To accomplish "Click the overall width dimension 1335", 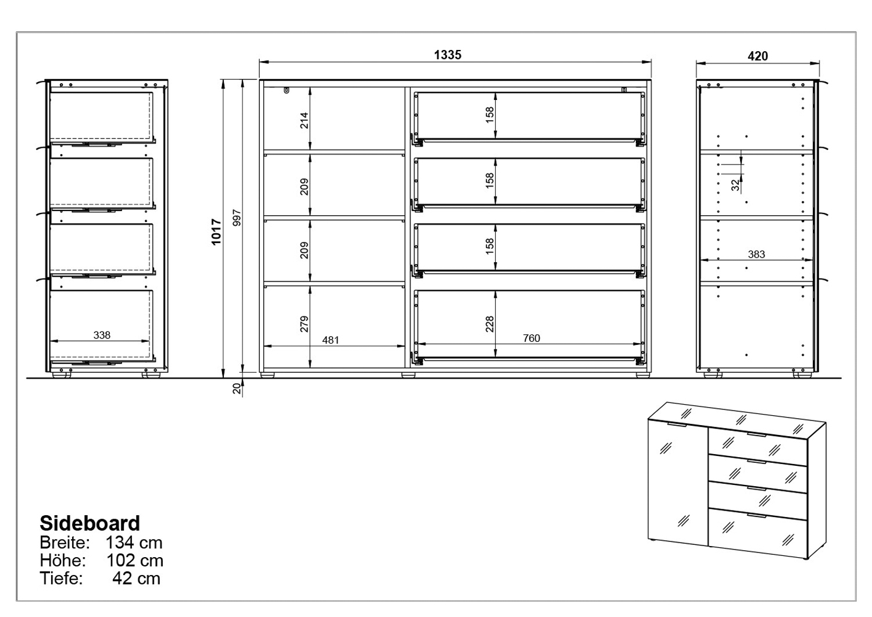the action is [x=448, y=55].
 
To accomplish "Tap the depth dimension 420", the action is [x=757, y=56].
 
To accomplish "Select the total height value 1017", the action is [x=216, y=232].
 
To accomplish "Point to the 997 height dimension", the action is [x=237, y=218].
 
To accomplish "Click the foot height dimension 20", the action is [x=237, y=388].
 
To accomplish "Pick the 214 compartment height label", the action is [x=304, y=120].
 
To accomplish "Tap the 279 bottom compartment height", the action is [x=304, y=324].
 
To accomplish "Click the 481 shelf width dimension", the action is [x=331, y=340].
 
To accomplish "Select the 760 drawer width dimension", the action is [x=531, y=338].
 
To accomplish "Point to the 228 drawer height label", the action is [x=489, y=324].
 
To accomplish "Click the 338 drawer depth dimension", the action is [x=102, y=335].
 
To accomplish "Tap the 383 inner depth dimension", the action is [x=756, y=254].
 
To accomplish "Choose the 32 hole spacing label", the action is [x=735, y=185].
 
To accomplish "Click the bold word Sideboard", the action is [x=90, y=523].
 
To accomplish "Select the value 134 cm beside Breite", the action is [x=134, y=543].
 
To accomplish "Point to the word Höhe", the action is [x=63, y=561].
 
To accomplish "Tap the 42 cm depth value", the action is [x=136, y=579].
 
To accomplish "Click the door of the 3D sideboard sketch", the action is [x=677, y=483].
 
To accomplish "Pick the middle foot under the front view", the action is [x=408, y=376].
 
